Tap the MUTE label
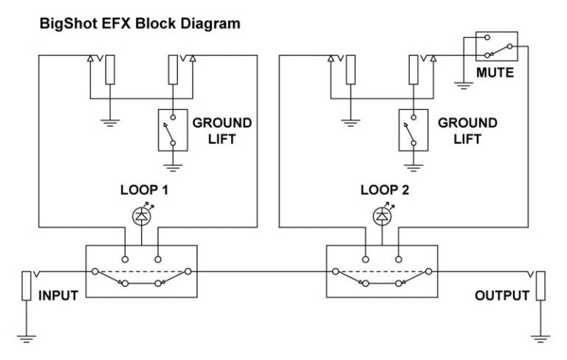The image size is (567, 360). (x=495, y=74)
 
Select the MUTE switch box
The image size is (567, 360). (x=496, y=46)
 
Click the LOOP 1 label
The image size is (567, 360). (x=145, y=190)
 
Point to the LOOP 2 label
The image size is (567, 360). (x=385, y=190)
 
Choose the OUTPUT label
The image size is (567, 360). (x=502, y=296)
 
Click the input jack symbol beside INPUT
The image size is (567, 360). (x=27, y=286)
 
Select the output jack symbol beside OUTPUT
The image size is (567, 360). (x=540, y=286)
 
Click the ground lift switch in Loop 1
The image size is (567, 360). (x=171, y=130)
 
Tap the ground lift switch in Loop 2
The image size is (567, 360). (x=411, y=130)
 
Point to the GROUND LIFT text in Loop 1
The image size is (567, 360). (x=221, y=130)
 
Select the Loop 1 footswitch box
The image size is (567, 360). (x=141, y=271)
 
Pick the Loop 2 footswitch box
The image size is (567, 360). (x=381, y=271)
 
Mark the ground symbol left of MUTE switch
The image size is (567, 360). (x=463, y=83)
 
